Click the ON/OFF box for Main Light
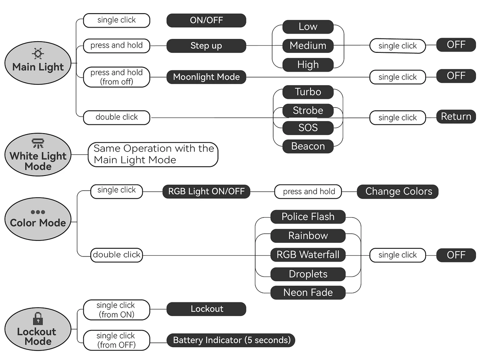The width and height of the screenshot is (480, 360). (x=206, y=20)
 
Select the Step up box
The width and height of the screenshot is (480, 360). (x=206, y=46)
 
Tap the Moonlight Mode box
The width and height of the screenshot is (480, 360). (x=206, y=77)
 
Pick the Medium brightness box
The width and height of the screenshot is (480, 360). (x=308, y=46)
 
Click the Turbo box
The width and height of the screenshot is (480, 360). (x=308, y=92)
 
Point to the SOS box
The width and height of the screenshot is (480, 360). (x=308, y=128)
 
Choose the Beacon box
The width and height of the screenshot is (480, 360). (x=308, y=146)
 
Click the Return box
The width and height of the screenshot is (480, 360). (x=456, y=117)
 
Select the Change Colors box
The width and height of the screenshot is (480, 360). (x=398, y=192)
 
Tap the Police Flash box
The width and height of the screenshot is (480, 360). (x=308, y=217)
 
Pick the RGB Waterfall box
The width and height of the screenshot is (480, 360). (x=308, y=255)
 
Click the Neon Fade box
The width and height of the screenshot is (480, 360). (x=308, y=292)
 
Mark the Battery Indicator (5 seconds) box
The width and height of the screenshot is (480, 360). (x=231, y=340)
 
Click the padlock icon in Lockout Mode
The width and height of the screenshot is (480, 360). (x=38, y=318)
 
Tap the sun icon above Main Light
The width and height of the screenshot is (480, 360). (x=38, y=54)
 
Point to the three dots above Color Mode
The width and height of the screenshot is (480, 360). (x=38, y=212)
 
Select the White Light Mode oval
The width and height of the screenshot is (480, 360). (x=38, y=155)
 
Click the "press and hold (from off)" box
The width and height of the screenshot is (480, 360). (x=116, y=77)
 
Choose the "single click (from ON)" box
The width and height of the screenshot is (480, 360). (x=116, y=310)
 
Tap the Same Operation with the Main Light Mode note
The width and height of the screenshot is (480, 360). (x=153, y=154)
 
